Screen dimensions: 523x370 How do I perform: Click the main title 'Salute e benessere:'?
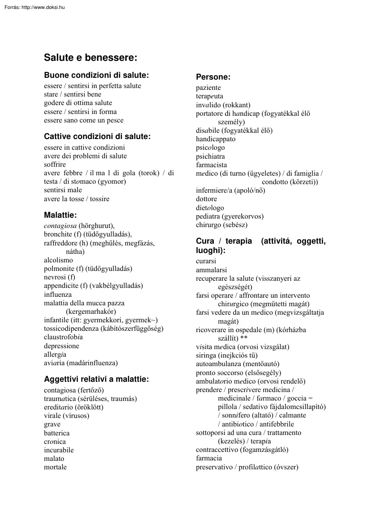[90, 58]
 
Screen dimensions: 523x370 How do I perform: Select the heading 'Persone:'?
[213, 77]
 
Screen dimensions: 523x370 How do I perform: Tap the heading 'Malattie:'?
[60, 215]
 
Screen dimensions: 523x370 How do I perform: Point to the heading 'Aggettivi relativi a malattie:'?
[96, 380]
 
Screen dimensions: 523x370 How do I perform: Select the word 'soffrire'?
[55, 164]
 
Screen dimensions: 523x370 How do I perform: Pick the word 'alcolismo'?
[58, 260]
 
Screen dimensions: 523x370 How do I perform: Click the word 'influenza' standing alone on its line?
[58, 295]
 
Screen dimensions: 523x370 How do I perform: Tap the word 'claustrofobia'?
[63, 337]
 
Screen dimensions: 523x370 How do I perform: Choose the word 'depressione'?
[61, 346]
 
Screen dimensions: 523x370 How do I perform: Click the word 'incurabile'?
[59, 450]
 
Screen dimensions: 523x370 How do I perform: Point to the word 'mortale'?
[55, 467]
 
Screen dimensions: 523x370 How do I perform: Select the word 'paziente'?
[208, 88]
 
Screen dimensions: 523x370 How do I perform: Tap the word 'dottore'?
[206, 199]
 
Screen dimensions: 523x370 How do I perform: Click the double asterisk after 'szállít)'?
[244, 338]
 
